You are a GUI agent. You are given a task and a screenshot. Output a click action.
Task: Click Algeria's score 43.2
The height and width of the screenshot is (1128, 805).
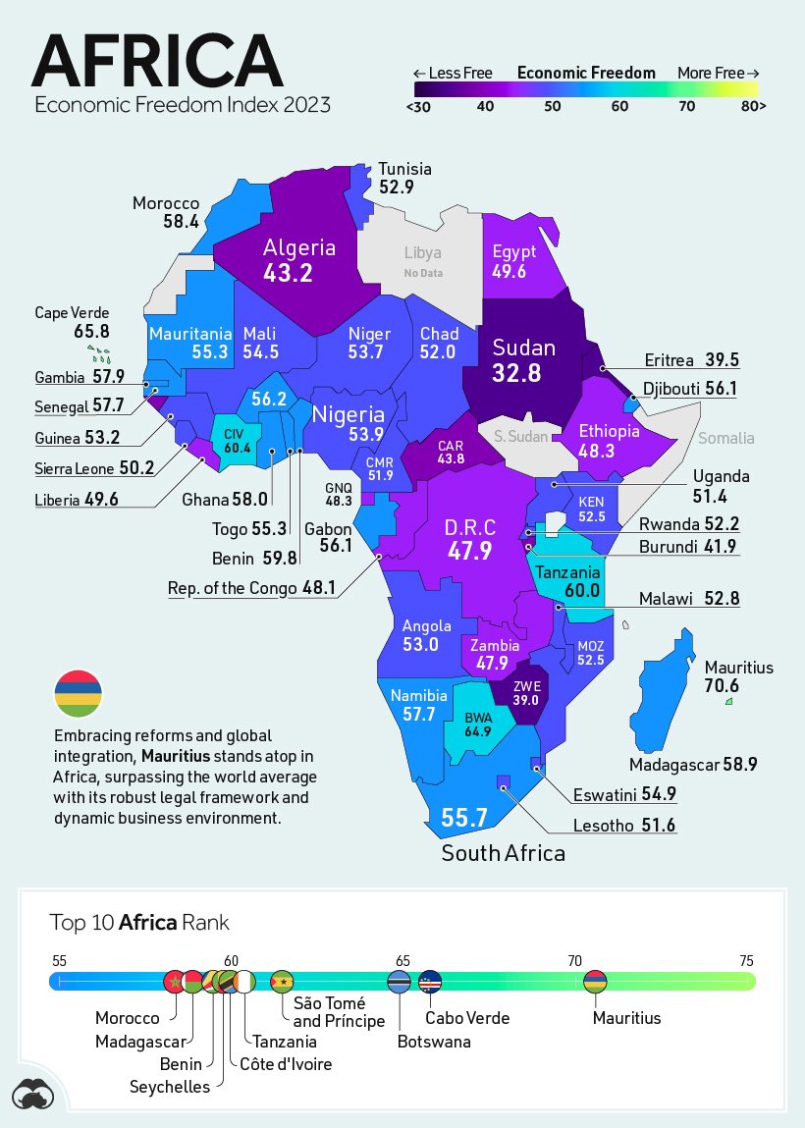288,272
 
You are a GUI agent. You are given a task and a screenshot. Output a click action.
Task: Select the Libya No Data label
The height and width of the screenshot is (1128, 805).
422,261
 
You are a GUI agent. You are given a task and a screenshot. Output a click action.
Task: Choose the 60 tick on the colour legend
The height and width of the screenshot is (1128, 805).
619,106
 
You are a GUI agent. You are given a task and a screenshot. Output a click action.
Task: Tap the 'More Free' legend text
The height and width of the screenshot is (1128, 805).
718,73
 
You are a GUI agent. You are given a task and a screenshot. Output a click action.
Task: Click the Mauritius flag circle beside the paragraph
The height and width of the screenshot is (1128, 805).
77,693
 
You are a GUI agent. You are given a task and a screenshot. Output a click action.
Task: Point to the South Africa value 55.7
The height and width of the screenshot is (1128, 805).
464,817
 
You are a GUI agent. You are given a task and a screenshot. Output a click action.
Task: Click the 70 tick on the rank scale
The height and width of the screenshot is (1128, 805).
574,960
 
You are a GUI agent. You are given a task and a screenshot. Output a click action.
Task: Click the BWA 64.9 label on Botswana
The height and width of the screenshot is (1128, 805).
478,725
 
